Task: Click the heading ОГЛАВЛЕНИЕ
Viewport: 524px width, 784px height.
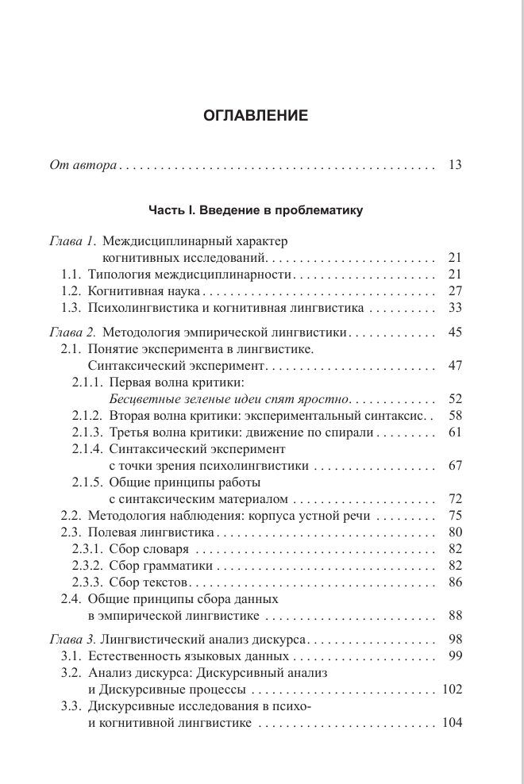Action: [x=255, y=116]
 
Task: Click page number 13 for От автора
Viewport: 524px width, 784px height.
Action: [x=455, y=166]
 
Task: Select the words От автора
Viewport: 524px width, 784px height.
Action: [x=83, y=166]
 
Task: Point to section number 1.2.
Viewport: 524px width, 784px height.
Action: [x=72, y=290]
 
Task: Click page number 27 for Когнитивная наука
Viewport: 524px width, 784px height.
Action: [x=455, y=290]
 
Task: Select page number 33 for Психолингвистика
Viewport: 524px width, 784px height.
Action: [x=455, y=308]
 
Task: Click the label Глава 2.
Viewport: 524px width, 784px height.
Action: [x=72, y=332]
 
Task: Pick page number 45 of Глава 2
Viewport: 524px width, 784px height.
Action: [x=455, y=332]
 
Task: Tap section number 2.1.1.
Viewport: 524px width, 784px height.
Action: [x=88, y=382]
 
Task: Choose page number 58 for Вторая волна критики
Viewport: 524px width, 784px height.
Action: [x=455, y=415]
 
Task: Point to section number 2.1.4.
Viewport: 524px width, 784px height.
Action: [x=88, y=449]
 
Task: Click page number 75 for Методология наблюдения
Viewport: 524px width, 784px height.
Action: [x=455, y=515]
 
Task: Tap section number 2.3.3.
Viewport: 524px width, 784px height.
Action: [x=88, y=582]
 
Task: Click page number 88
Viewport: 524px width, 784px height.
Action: [x=455, y=615]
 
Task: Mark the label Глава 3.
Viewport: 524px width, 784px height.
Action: [x=72, y=640]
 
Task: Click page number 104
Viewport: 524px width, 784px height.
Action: [x=453, y=723]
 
